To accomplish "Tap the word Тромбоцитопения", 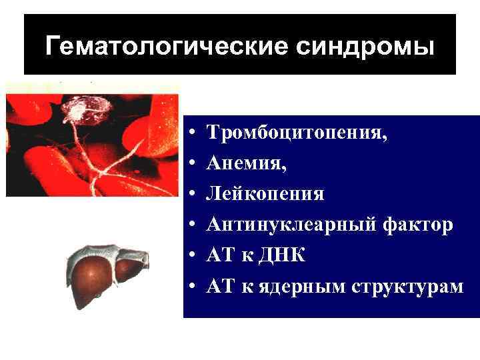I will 297,132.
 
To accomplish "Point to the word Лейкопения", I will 265,194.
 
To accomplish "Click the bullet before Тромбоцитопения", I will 191,133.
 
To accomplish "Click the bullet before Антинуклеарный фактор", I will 191,225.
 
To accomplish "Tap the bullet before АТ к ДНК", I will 191,256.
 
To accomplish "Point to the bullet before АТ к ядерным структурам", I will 191,287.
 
